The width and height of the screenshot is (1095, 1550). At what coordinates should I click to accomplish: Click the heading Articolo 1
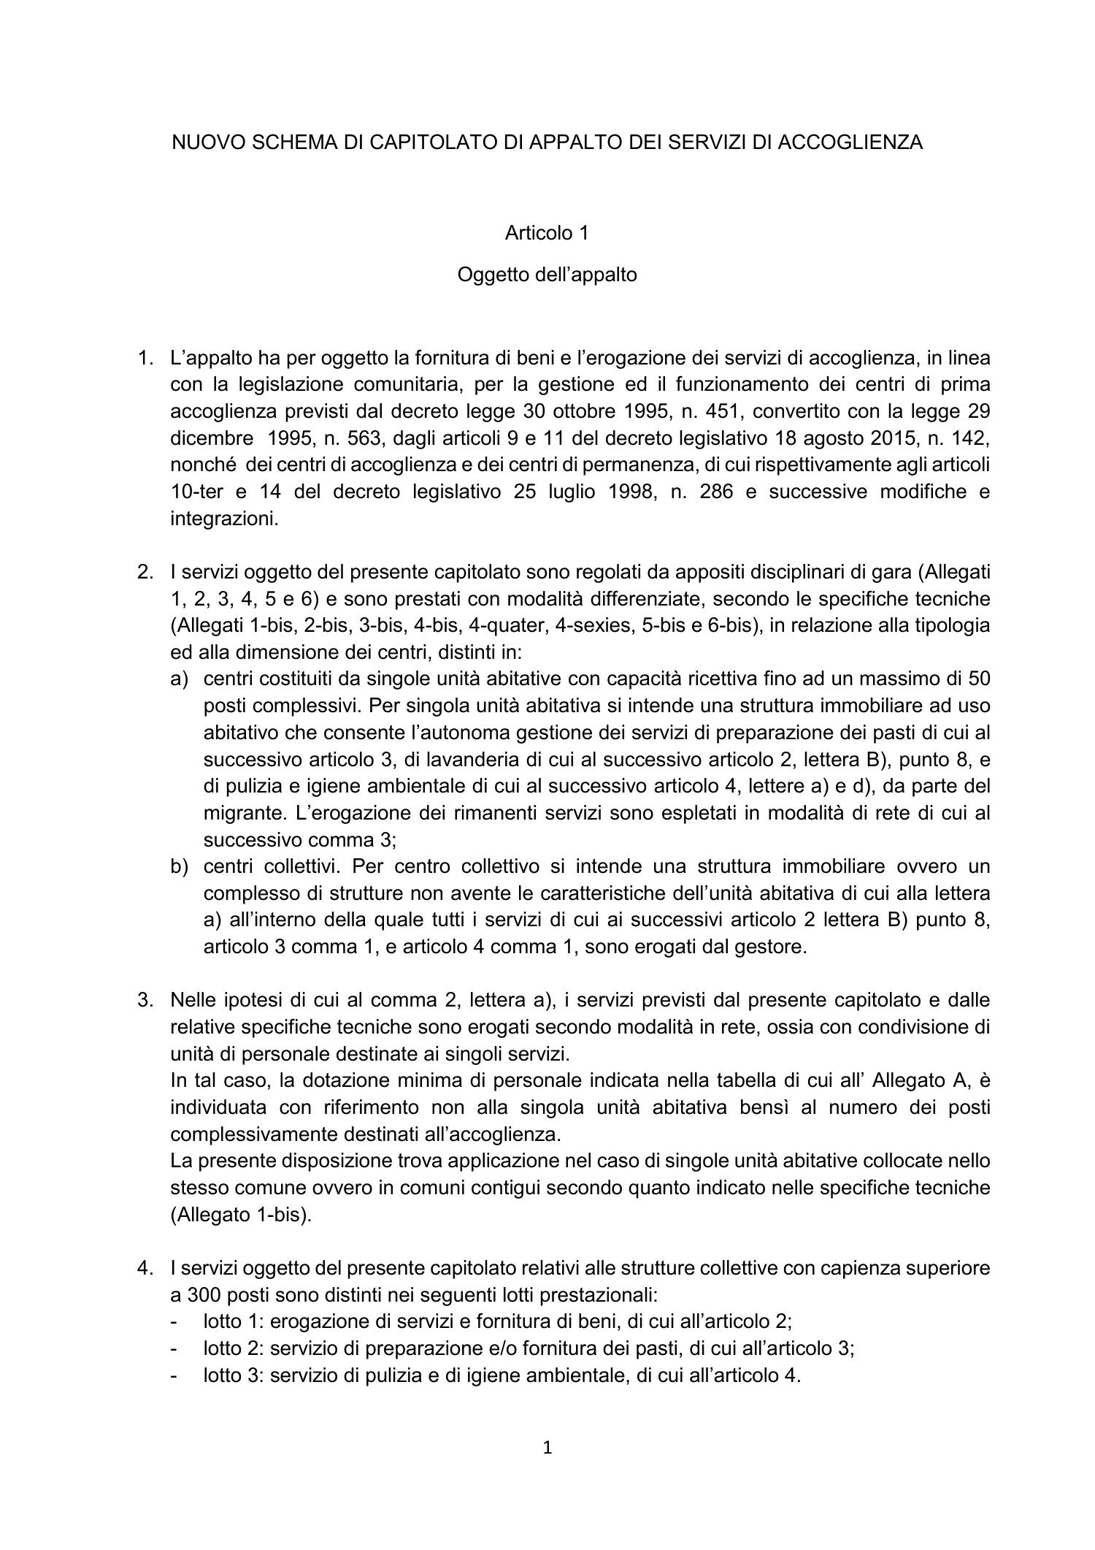coord(547,233)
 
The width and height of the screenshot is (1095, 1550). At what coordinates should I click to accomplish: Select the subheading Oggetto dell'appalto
coord(547,275)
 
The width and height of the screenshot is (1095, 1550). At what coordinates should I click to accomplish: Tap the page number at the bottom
coord(547,1448)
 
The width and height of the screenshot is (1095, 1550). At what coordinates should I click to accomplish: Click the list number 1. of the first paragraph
coord(145,358)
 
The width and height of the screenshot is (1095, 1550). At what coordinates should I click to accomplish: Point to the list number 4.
coord(145,1268)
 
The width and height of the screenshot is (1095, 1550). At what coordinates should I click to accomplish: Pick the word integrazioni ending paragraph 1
coord(224,519)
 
